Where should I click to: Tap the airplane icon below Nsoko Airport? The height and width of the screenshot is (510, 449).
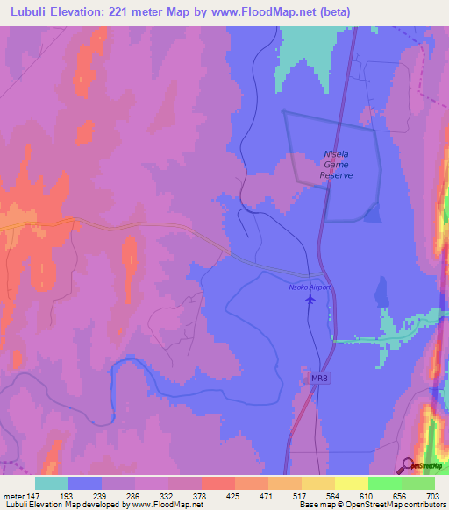coord(310,300)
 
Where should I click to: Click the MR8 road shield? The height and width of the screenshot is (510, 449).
coord(322,378)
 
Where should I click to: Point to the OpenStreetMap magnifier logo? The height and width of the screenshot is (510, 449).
coord(409,466)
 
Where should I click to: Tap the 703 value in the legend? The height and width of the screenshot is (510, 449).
coord(434,495)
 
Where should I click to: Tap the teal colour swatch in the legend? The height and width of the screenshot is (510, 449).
coord(52,483)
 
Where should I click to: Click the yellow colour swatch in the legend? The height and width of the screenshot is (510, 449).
coord(352,483)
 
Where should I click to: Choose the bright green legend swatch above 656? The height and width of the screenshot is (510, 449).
coord(385,483)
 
